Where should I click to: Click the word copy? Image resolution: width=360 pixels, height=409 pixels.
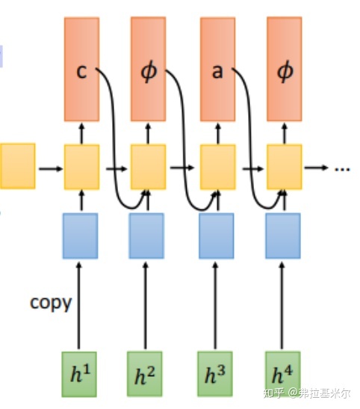51,303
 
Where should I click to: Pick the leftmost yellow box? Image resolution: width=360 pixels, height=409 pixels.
17,167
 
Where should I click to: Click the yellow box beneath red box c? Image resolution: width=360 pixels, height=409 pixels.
81,167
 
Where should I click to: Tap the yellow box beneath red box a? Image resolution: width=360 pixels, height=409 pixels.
217,167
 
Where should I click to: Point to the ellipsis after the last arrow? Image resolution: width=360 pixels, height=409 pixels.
342,168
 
